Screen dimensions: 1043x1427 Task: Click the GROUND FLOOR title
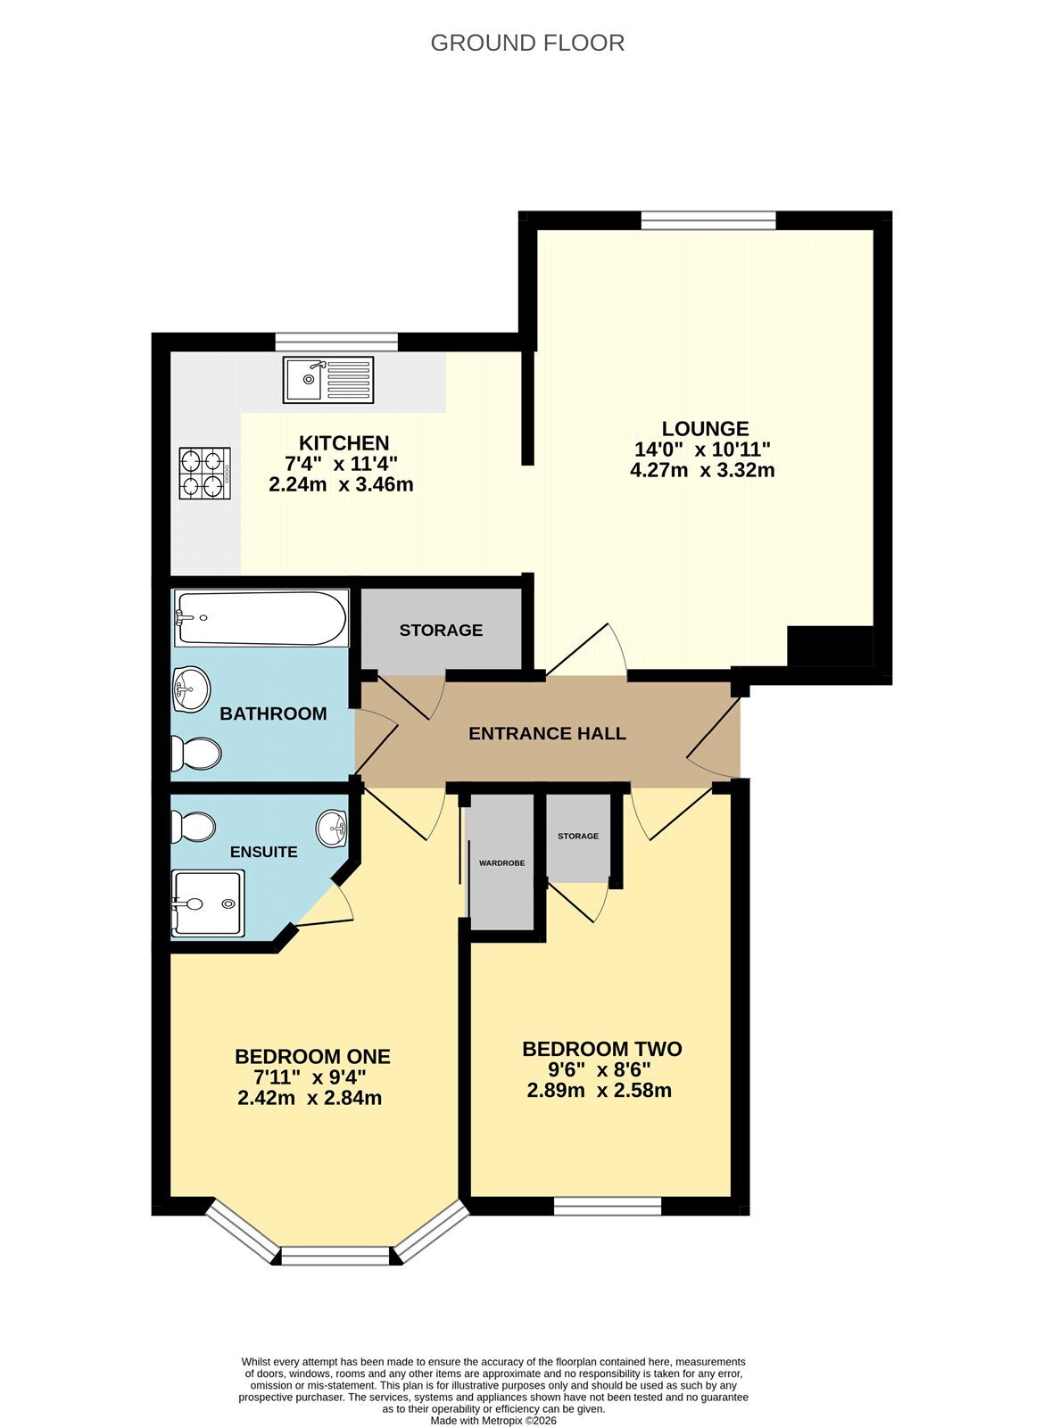click(x=527, y=44)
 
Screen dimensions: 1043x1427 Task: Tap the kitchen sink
click(x=328, y=380)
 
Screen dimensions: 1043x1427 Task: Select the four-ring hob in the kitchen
click(x=204, y=474)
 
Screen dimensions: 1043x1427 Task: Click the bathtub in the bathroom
click(x=261, y=618)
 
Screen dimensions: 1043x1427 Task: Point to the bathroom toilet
click(x=196, y=754)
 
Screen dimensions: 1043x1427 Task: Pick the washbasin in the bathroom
click(x=191, y=689)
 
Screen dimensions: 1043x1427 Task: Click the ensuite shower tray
click(x=208, y=903)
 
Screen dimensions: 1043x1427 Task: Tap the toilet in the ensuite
click(x=193, y=827)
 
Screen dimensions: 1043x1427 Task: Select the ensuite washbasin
click(x=332, y=829)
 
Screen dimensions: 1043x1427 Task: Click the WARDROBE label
click(x=502, y=863)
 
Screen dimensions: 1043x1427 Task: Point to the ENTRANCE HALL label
click(x=547, y=733)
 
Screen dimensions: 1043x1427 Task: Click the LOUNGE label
click(x=705, y=428)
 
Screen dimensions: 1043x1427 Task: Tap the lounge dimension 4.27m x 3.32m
click(x=702, y=471)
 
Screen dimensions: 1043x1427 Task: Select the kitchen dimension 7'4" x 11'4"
click(x=342, y=463)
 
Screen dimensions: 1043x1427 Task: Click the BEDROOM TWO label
click(x=602, y=1049)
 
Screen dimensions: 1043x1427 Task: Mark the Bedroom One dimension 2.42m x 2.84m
click(x=310, y=1098)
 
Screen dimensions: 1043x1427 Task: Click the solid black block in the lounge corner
click(x=830, y=646)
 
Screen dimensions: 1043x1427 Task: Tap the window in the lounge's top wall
click(x=708, y=220)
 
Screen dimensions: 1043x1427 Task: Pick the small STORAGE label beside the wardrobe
click(x=578, y=836)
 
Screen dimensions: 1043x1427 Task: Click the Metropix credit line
click(x=493, y=1420)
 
